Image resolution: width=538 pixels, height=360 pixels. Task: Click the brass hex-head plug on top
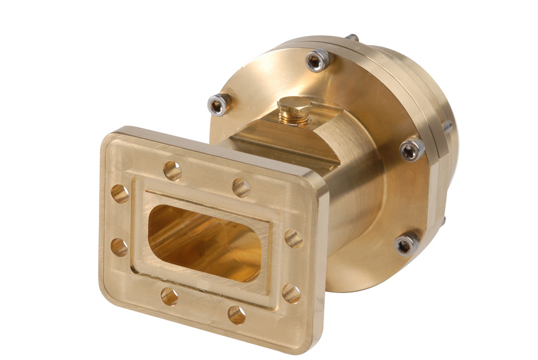click(x=294, y=105)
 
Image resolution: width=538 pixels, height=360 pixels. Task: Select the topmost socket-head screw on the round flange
click(x=318, y=60)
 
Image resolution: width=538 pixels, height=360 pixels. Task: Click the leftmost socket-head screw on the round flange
click(x=219, y=104)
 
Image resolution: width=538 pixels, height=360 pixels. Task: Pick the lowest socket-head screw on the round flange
click(x=406, y=244)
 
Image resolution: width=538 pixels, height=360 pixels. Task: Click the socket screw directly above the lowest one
click(x=412, y=150)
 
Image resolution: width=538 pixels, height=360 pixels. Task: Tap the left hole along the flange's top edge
click(x=172, y=170)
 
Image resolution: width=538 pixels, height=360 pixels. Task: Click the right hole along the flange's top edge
click(x=241, y=187)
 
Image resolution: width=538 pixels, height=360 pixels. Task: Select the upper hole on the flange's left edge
click(x=119, y=194)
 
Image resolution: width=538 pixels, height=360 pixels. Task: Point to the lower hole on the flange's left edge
click(x=119, y=247)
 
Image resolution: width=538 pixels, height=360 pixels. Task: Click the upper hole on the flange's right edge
click(x=294, y=238)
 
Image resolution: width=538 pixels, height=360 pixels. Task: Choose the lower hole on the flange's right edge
click(x=291, y=294)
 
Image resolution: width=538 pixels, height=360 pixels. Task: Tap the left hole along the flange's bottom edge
click(x=169, y=296)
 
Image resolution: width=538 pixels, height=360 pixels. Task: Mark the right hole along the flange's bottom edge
click(x=237, y=314)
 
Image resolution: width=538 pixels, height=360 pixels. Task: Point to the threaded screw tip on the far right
click(x=448, y=125)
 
